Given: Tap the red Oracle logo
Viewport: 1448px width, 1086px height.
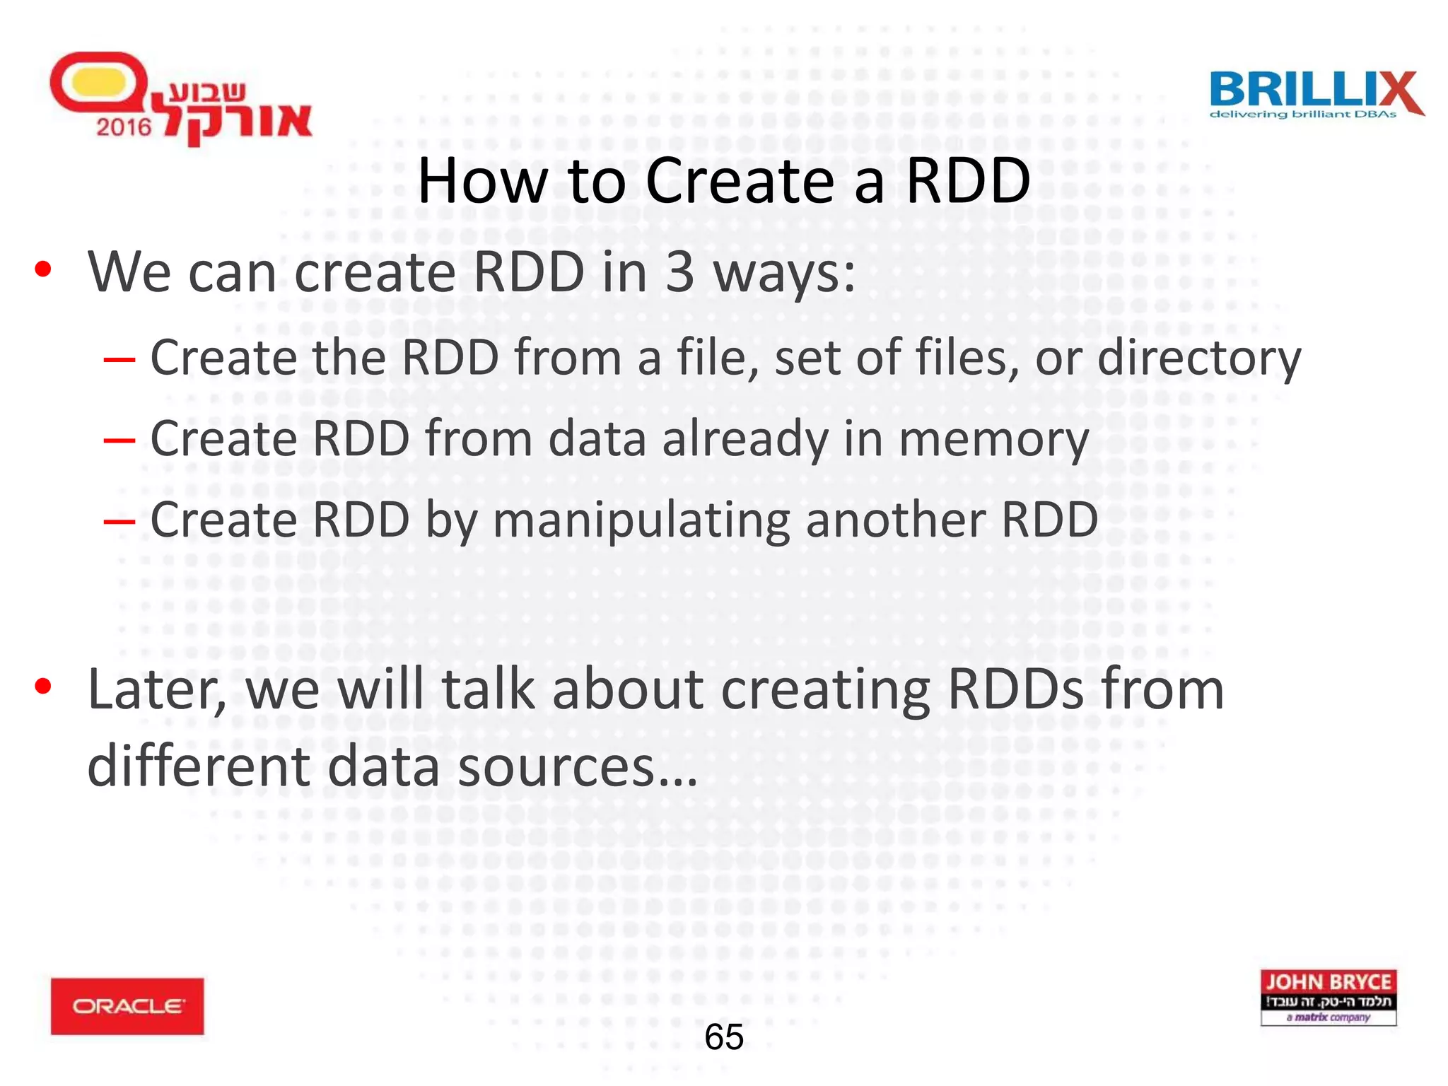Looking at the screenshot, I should pos(127,1005).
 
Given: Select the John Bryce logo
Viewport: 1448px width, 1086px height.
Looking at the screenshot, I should pos(1328,997).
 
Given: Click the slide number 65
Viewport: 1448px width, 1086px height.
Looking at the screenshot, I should pos(724,1037).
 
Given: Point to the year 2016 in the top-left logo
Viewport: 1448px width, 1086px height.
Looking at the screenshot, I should pos(124,127).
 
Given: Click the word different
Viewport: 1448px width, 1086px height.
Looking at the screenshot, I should pos(198,767).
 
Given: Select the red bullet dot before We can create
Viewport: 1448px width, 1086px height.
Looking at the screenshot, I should pos(43,269).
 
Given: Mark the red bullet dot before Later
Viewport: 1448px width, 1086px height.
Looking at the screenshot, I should pos(43,686).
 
